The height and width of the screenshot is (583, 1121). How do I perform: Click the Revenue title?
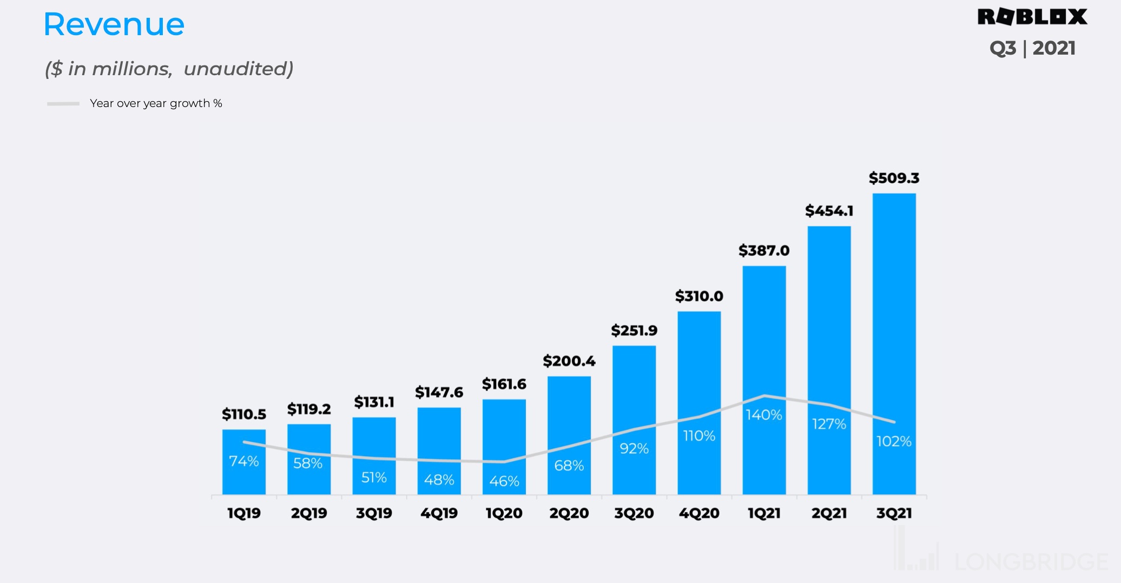(114, 25)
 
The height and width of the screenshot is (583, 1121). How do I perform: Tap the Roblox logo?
(1032, 17)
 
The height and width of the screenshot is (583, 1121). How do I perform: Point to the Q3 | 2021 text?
(1032, 48)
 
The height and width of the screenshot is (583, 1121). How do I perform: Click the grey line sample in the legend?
(63, 103)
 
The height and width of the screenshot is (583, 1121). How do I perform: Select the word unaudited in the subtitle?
(238, 69)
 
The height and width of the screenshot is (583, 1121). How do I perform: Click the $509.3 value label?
(894, 178)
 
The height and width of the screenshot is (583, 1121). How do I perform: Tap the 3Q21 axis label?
(894, 513)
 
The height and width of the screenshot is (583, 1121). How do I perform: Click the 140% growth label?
(764, 415)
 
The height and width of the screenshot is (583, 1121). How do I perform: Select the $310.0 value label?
(699, 296)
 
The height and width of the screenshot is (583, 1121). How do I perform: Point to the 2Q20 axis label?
(569, 513)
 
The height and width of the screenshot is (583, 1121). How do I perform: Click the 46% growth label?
(504, 481)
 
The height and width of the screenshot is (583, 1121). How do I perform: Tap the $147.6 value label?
(439, 392)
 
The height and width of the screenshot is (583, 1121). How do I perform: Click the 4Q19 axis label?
(439, 513)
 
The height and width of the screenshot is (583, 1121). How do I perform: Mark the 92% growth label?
(634, 448)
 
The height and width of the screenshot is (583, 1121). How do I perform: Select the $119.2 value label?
(309, 409)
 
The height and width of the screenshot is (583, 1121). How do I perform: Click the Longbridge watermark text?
(1031, 562)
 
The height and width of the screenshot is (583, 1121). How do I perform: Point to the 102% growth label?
(894, 441)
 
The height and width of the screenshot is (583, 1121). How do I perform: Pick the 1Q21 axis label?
(764, 513)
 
